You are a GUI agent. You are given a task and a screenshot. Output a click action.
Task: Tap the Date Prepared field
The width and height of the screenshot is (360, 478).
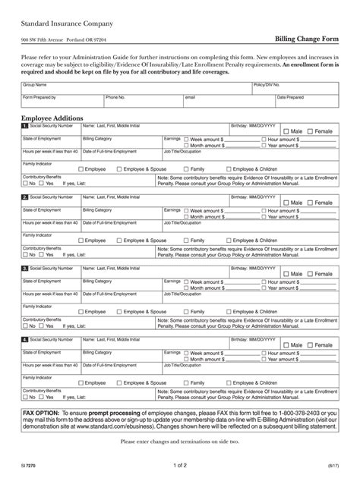click(307, 102)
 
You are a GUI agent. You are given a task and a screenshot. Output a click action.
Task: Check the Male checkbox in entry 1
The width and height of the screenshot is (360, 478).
click(286, 131)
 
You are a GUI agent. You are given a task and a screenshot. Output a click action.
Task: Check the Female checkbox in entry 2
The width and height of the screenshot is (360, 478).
click(311, 203)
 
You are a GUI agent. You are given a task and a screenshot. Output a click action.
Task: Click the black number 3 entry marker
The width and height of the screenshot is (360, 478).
click(25, 268)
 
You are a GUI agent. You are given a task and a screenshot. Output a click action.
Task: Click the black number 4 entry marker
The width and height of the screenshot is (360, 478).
click(25, 340)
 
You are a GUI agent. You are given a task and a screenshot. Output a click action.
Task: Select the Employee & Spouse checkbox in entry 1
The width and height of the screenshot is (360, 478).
click(118, 168)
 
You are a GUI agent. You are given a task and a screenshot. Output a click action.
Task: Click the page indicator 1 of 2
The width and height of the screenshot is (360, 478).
click(181, 464)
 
